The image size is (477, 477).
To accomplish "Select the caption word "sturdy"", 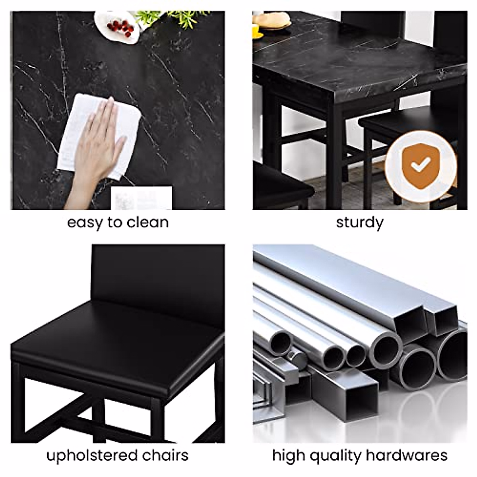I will point(360,223).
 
